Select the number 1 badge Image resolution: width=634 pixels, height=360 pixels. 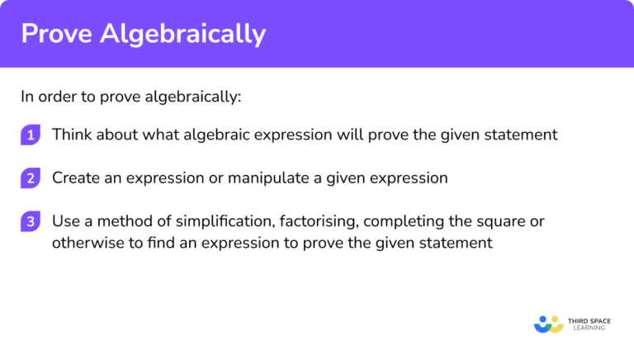pyautogui.click(x=31, y=135)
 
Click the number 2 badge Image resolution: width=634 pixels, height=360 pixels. pyautogui.click(x=31, y=178)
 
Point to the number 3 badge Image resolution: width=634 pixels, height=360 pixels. pyautogui.click(x=31, y=222)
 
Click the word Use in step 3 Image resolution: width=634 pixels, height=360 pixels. pyautogui.click(x=65, y=221)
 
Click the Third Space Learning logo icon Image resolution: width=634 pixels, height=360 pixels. pyautogui.click(x=548, y=324)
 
